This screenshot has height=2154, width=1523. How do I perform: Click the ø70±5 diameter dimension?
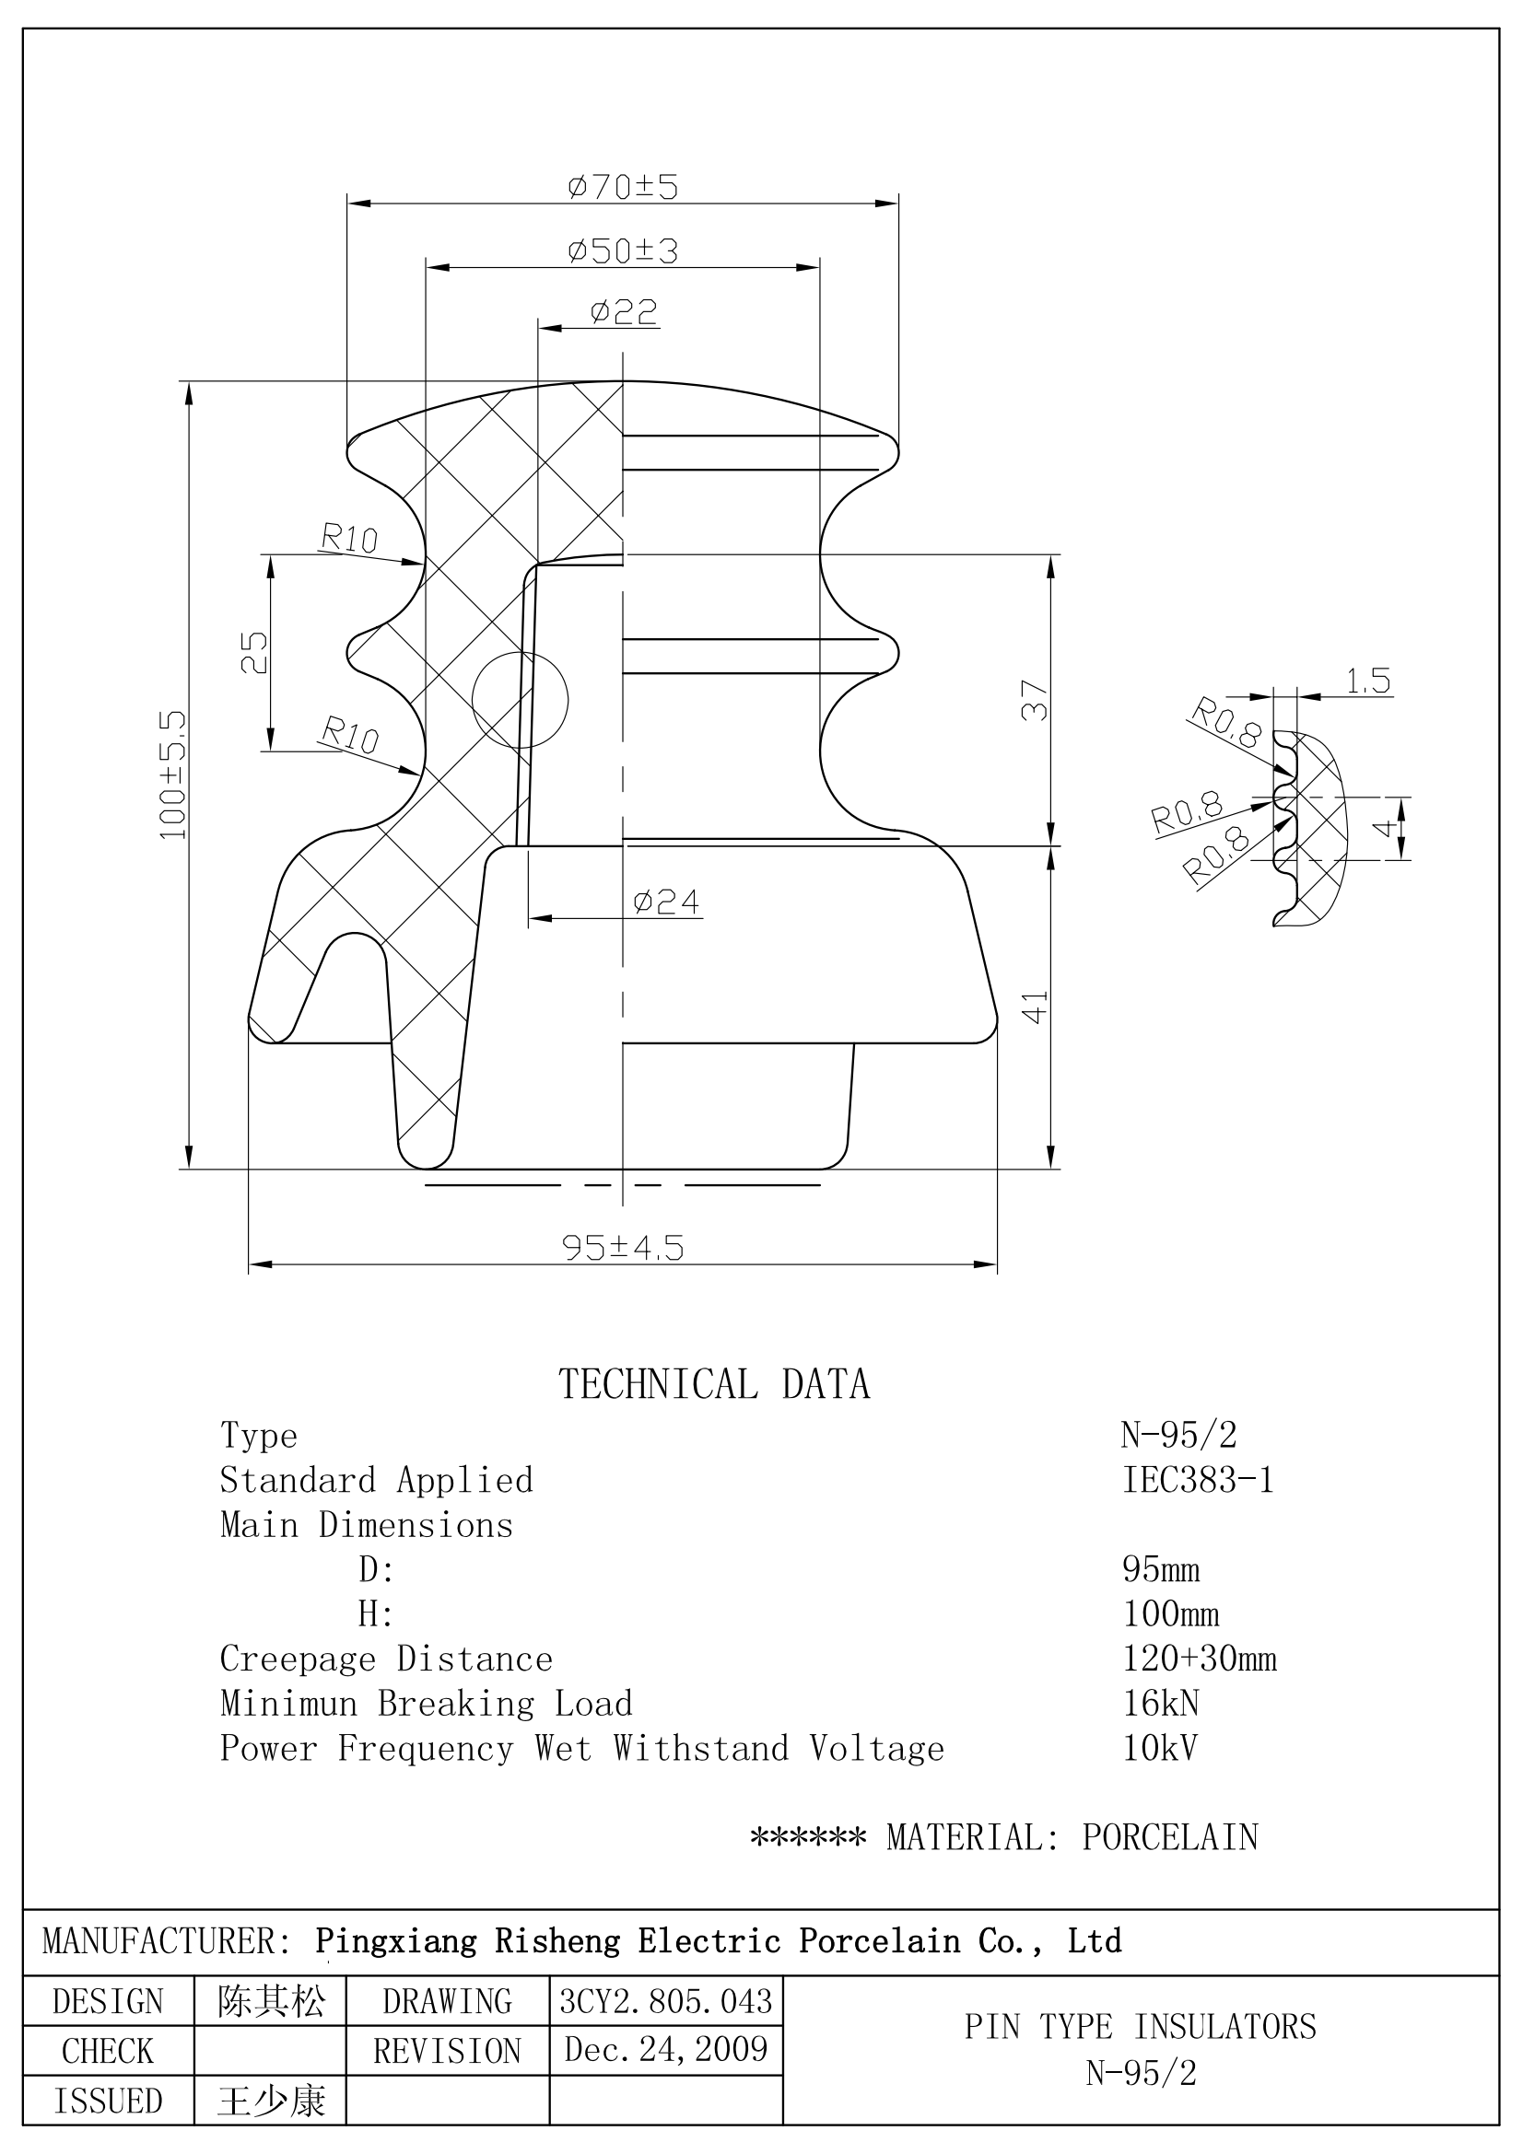point(622,187)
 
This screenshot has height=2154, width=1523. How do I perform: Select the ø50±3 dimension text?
point(622,251)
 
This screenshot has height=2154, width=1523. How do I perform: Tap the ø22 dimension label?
point(623,311)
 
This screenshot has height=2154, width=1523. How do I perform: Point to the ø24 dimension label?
point(666,902)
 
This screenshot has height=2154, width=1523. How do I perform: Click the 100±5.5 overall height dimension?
point(173,774)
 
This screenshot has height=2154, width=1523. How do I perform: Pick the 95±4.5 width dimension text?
point(622,1248)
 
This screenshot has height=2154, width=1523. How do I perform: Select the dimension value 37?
point(1034,700)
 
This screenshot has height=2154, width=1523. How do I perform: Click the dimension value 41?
point(1034,1007)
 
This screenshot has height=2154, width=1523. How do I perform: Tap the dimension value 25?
point(254,652)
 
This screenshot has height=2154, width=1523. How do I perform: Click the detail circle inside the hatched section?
point(520,700)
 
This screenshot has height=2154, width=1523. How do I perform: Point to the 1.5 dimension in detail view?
point(1367,681)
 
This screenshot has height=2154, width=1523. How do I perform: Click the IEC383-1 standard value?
point(1199,1481)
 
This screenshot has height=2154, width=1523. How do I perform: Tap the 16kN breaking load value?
point(1161,1704)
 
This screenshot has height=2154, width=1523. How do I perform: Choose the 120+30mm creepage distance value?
point(1200,1659)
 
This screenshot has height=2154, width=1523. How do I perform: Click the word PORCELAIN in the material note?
point(1169,1837)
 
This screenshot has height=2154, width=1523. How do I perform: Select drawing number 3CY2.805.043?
point(665,2001)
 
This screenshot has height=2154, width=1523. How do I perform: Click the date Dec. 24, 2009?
point(665,2049)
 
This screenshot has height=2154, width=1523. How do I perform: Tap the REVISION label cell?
point(447,2051)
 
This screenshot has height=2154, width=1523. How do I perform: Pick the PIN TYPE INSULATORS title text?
point(1140,2026)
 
